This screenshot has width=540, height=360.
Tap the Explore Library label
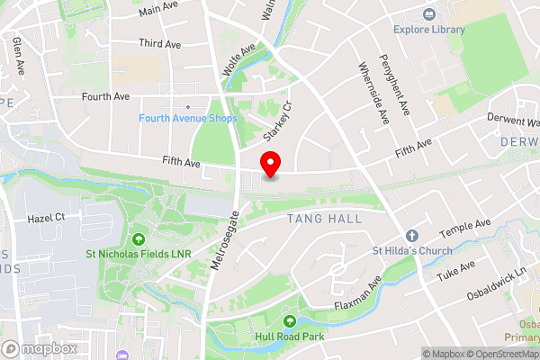pyautogui.click(x=429, y=30)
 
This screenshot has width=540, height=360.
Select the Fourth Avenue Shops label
pyautogui.click(x=188, y=119)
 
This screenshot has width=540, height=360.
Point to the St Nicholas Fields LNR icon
pyautogui.click(x=139, y=239)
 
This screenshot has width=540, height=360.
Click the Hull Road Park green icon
pyautogui.click(x=290, y=321)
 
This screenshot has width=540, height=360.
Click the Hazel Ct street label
pyautogui.click(x=47, y=219)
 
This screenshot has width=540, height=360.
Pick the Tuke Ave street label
pyautogui.click(x=457, y=271)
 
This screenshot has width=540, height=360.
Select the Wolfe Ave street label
pyautogui.click(x=238, y=58)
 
